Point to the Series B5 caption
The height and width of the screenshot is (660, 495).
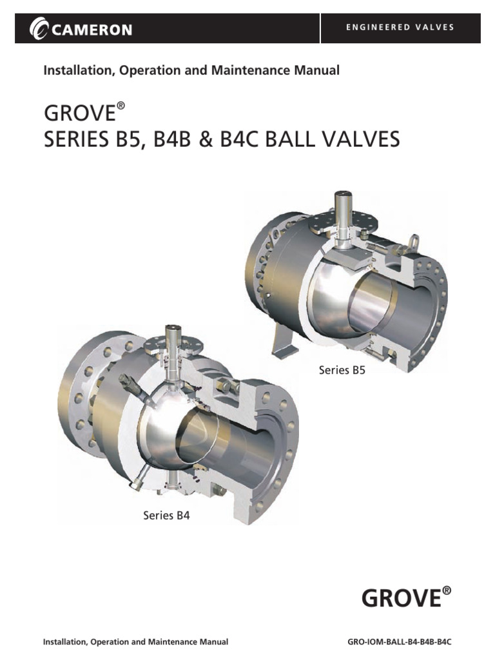point(342,370)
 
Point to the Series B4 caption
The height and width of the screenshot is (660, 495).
point(166,515)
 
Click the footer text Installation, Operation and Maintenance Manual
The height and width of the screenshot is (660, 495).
point(135,643)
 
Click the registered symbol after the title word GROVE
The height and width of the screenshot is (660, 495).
point(120,107)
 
